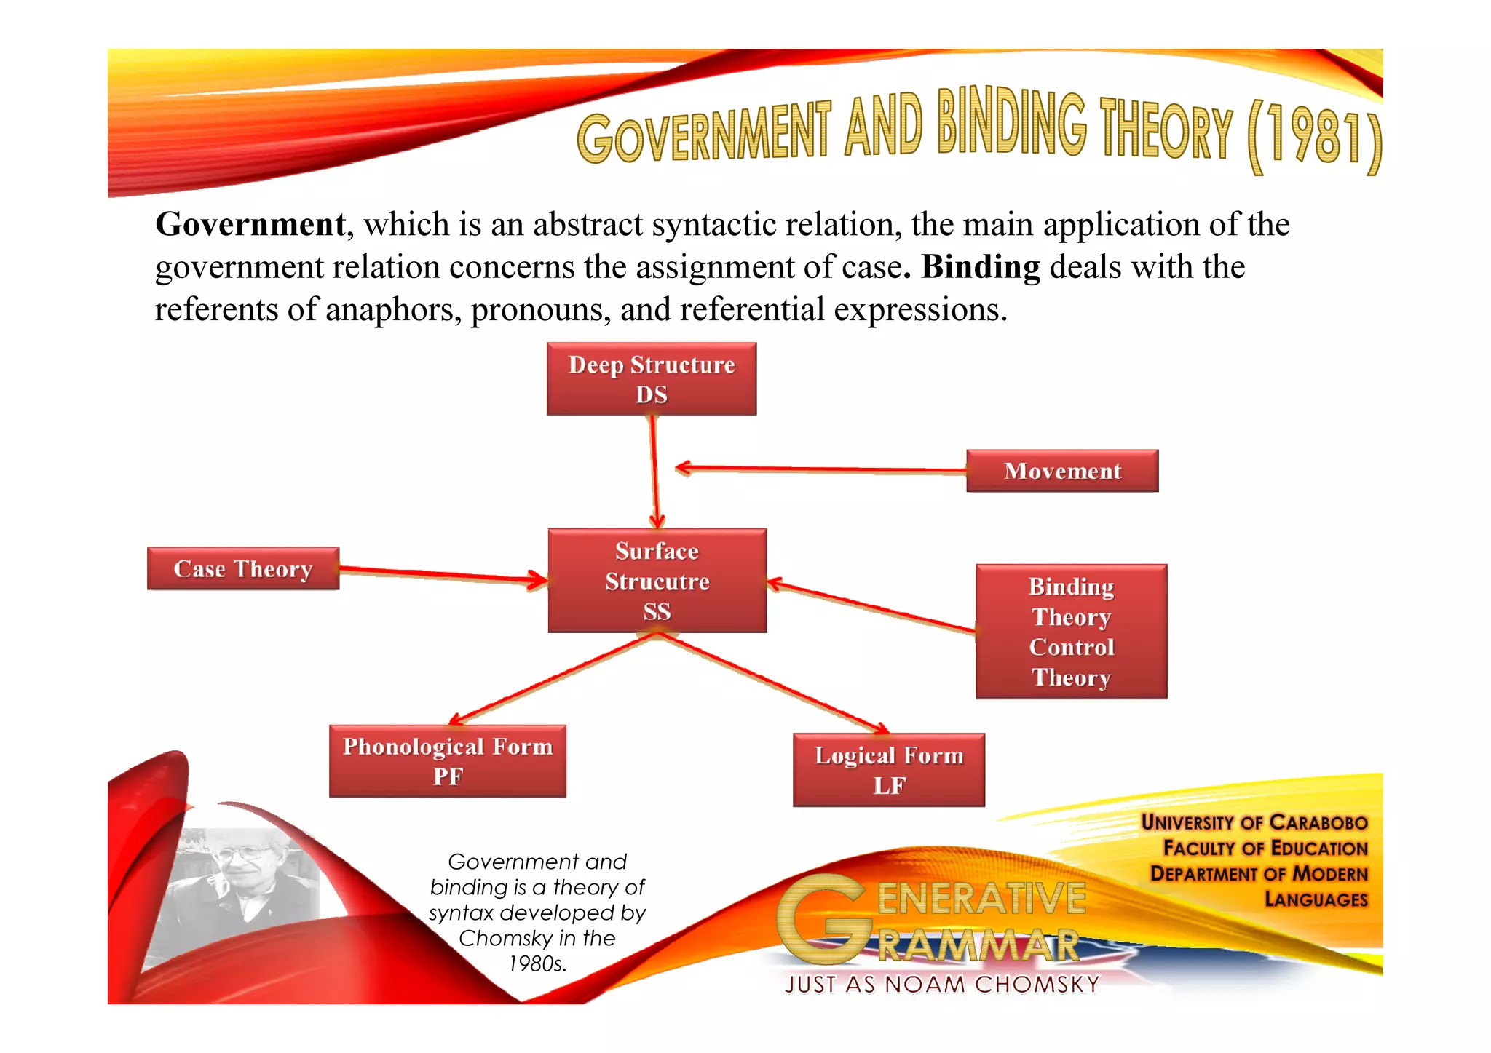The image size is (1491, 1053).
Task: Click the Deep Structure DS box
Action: [652, 379]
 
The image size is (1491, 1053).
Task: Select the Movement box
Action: [1062, 471]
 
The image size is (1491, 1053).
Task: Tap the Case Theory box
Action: [243, 568]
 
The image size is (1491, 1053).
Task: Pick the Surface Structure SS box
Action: [657, 581]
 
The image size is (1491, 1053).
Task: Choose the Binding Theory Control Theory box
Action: [1071, 632]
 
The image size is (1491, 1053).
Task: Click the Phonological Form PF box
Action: [448, 761]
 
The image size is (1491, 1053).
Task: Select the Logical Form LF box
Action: [889, 770]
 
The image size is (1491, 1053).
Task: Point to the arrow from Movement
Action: [823, 469]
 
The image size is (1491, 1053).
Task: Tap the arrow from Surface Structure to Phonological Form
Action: [553, 678]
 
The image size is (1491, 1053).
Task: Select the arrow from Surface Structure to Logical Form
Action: [772, 681]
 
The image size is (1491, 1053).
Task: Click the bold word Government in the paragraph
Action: [250, 224]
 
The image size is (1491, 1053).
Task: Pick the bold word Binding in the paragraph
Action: [981, 267]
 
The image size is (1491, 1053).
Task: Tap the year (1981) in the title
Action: [1314, 138]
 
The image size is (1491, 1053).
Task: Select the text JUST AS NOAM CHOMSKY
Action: [942, 985]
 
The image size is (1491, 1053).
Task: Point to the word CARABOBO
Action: [1318, 822]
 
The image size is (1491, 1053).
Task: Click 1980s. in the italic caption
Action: [537, 964]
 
